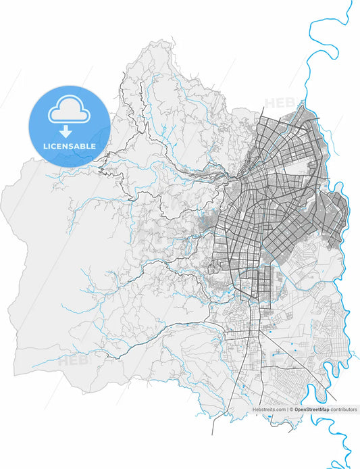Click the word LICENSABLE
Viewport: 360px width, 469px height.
69,146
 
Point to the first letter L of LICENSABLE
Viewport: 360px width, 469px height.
45,146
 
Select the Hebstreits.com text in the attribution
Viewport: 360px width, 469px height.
269,410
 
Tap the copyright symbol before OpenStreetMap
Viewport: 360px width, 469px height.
292,410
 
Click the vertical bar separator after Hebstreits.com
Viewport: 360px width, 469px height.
287,410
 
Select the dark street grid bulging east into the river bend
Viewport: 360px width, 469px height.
336,216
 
